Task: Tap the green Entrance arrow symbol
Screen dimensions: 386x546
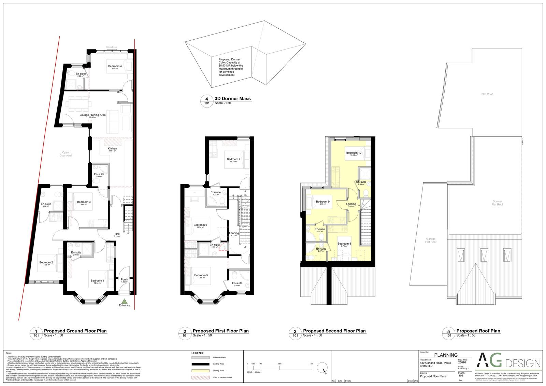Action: tap(125, 301)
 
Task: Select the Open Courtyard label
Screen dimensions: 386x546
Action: tap(66, 154)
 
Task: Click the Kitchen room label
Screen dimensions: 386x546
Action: tap(112, 149)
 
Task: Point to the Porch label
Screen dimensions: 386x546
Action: tap(124, 280)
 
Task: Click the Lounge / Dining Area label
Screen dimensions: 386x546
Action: tap(92, 115)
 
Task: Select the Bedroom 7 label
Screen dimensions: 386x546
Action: tap(233, 160)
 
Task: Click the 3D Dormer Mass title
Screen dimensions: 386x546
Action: tap(232, 99)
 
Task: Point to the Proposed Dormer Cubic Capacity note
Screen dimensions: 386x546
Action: tap(231, 67)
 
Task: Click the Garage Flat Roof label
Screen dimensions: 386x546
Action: tap(431, 240)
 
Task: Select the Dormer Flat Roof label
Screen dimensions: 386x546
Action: tap(497, 203)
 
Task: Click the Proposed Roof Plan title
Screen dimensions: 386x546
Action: tap(478, 331)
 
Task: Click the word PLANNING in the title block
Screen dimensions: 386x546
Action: tap(446, 355)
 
